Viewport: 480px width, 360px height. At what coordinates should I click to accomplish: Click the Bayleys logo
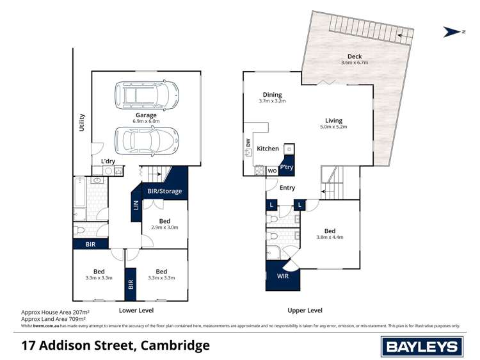point(421,347)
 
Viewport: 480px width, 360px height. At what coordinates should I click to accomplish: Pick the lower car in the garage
point(147,140)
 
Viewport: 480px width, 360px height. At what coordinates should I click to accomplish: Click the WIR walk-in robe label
point(283,277)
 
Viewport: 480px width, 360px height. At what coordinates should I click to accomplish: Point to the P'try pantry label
point(286,167)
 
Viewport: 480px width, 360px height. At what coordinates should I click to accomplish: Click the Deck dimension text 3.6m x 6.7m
point(355,63)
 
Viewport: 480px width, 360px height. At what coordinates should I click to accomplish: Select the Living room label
point(333,120)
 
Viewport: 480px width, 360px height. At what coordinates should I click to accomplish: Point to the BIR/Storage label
point(164,191)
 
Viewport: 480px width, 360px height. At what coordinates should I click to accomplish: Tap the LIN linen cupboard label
point(136,206)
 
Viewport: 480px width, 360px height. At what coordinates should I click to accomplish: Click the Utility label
point(82,122)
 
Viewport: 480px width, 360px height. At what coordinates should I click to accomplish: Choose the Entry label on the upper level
point(287,188)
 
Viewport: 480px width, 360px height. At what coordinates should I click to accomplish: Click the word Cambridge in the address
point(173,346)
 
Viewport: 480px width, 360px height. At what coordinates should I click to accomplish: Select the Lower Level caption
point(136,310)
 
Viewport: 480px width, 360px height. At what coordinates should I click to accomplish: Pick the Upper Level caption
point(305,310)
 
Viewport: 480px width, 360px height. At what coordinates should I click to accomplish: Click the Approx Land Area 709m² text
point(55,318)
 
